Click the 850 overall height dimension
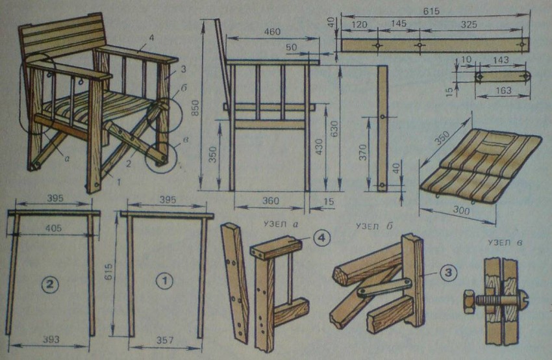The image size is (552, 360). click(x=195, y=107)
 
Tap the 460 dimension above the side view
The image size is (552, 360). click(x=272, y=32)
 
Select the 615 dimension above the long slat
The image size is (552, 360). click(x=431, y=11)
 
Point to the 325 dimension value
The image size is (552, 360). click(x=469, y=24)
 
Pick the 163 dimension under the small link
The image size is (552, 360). click(x=503, y=90)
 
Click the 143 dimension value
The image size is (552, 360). click(x=500, y=60)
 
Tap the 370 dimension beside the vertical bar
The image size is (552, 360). click(x=363, y=152)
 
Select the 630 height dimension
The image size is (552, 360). click(x=334, y=129)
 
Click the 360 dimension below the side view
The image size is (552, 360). click(x=270, y=201)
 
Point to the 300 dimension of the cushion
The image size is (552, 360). click(x=461, y=211)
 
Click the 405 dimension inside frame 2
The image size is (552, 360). click(x=53, y=228)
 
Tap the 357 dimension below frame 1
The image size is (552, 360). click(x=165, y=340)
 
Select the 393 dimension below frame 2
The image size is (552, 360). click(x=51, y=340)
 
